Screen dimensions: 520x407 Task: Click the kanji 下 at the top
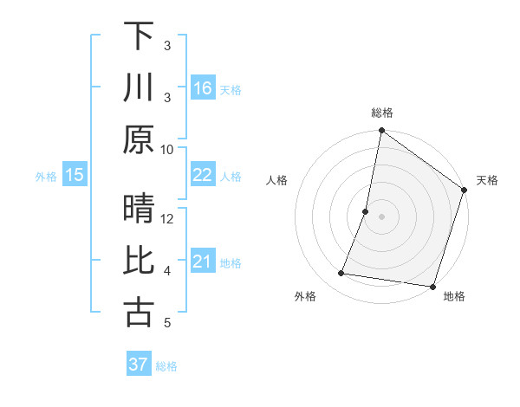pyautogui.click(x=139, y=36)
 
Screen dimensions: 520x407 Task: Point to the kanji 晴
pyautogui.click(x=139, y=210)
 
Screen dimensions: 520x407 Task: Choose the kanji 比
pyautogui.click(x=139, y=262)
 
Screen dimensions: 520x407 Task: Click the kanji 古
pyautogui.click(x=139, y=313)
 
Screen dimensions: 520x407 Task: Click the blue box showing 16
pyautogui.click(x=203, y=87)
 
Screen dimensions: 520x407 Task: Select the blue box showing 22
pyautogui.click(x=203, y=175)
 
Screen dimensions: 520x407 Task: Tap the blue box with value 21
pyautogui.click(x=203, y=262)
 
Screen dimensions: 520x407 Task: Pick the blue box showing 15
pyautogui.click(x=75, y=175)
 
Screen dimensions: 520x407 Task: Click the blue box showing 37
pyautogui.click(x=139, y=365)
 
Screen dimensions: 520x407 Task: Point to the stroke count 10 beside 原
pyautogui.click(x=167, y=149)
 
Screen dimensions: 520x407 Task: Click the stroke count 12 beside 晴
pyautogui.click(x=167, y=219)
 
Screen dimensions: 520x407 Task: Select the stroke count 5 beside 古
pyautogui.click(x=167, y=323)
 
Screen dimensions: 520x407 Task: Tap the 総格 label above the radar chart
pyautogui.click(x=382, y=113)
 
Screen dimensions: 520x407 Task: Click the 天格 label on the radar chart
pyautogui.click(x=487, y=180)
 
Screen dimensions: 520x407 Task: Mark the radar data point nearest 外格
pyautogui.click(x=341, y=274)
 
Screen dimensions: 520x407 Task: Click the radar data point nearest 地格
pyautogui.click(x=432, y=287)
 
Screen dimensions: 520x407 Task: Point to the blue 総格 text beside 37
pyautogui.click(x=167, y=366)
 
